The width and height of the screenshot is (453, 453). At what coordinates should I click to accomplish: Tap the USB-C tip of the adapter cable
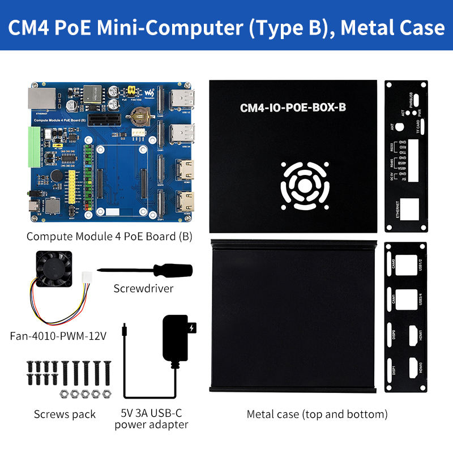click(123, 328)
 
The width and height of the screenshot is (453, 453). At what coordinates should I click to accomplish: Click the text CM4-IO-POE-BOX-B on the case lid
click(293, 108)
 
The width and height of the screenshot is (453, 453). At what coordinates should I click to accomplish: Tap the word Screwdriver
click(143, 289)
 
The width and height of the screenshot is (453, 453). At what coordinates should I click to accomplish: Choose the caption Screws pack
click(65, 414)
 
